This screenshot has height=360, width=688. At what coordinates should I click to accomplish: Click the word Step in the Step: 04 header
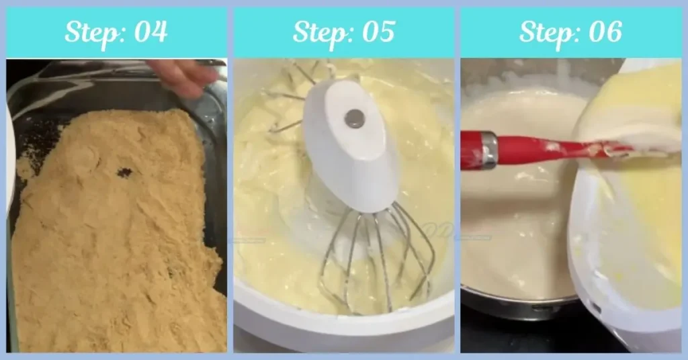tap(90, 32)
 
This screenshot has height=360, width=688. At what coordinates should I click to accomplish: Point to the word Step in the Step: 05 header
tap(318, 32)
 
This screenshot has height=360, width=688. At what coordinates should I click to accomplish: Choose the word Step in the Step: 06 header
tap(545, 32)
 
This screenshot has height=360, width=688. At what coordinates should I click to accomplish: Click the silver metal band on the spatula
tap(488, 150)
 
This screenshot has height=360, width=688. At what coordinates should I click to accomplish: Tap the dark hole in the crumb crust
tap(124, 173)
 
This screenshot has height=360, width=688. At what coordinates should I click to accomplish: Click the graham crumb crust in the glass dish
tap(114, 255)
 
